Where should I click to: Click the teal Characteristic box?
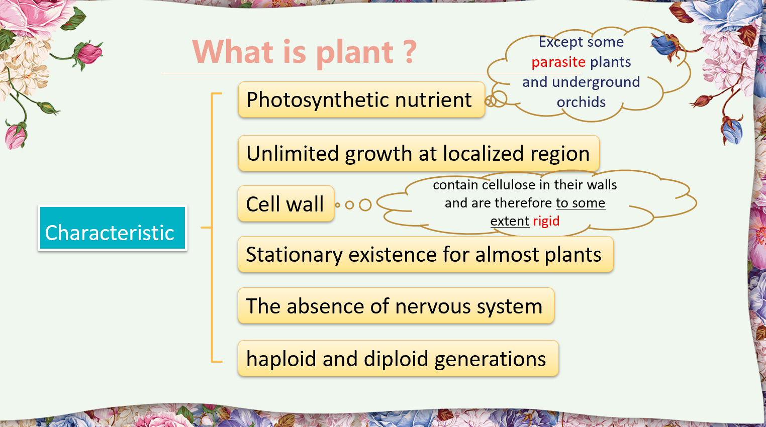tap(113, 228)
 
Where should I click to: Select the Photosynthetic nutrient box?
tap(361, 99)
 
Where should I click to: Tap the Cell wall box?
tap(286, 204)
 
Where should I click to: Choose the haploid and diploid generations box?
tap(398, 358)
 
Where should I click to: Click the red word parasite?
tap(558, 62)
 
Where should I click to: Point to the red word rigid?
tap(546, 221)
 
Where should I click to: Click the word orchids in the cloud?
tap(581, 102)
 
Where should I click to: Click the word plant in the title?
tap(355, 53)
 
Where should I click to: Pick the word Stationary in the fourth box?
tap(294, 255)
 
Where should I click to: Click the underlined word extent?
tap(510, 221)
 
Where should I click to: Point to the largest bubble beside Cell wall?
tap(365, 205)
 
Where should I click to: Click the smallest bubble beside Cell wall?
tap(338, 205)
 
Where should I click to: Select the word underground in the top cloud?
tap(596, 82)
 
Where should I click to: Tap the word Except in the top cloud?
tap(560, 42)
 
